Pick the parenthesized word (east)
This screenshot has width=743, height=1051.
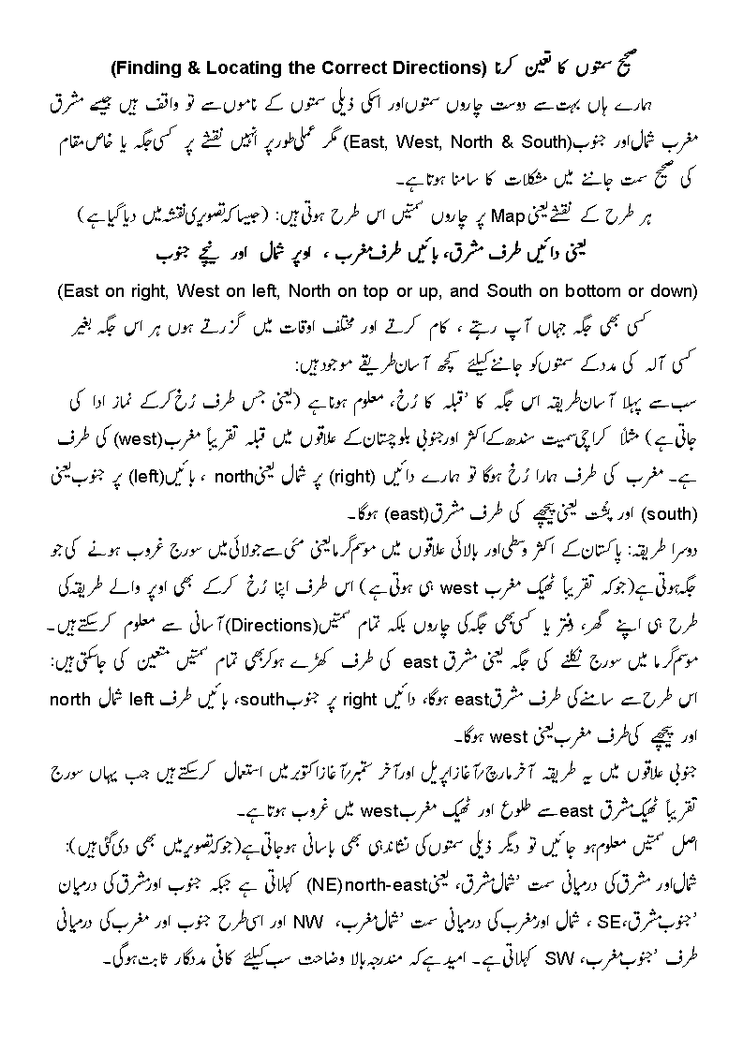coord(386,514)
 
